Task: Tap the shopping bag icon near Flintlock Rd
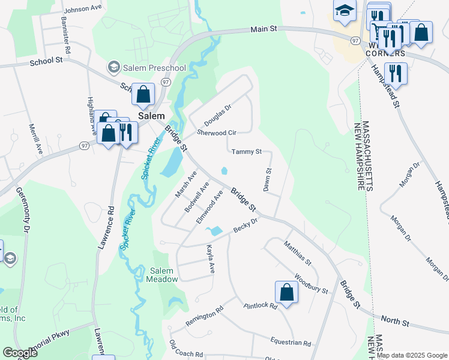point(287,293)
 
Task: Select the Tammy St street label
point(246,152)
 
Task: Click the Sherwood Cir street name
point(217,132)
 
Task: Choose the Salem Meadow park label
point(164,275)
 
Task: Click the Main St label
point(265,28)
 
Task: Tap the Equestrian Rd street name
point(291,344)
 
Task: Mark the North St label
point(397,323)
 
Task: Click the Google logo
point(20,353)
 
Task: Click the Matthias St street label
point(298,254)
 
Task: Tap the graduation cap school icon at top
point(345,11)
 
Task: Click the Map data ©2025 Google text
point(412,355)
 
